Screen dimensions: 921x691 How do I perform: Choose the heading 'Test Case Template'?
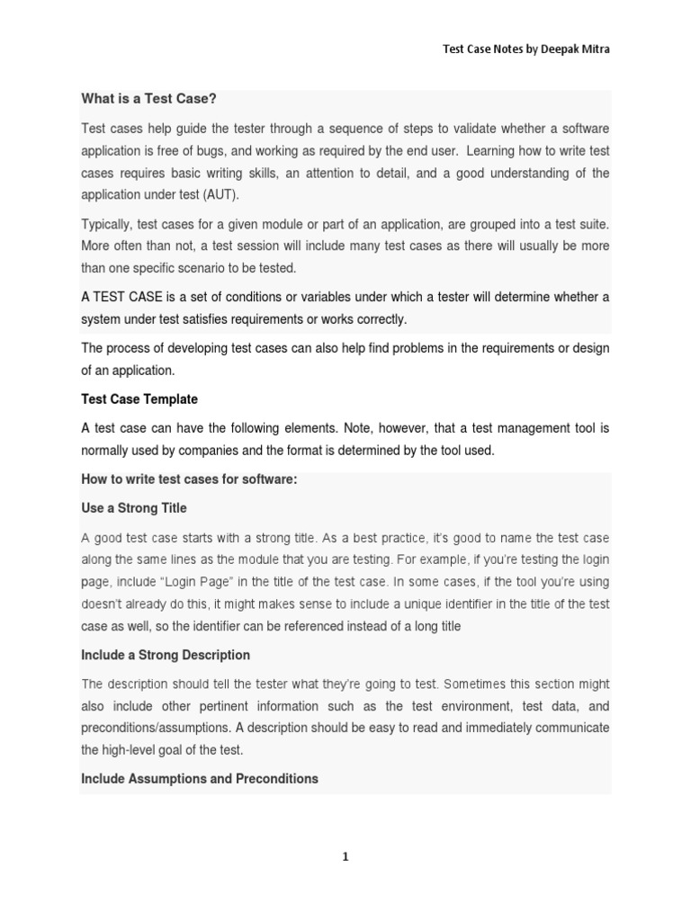point(139,398)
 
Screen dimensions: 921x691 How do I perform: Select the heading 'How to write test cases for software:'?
point(189,480)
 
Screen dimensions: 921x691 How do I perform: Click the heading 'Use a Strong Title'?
point(134,508)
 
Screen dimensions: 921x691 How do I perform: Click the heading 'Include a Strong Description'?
point(166,655)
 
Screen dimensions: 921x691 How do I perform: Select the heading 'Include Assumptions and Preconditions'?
point(200,779)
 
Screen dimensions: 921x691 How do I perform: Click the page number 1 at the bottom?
point(345,857)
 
